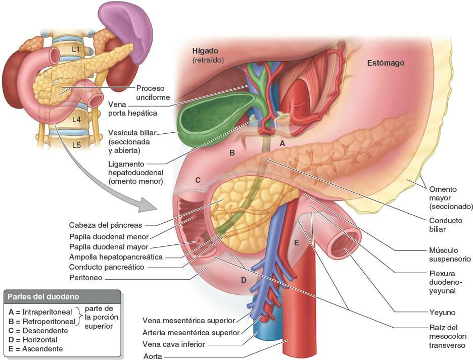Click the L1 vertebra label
(76, 49)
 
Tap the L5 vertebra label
(76, 145)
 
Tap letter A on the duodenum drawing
(282, 143)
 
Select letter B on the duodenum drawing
(232, 152)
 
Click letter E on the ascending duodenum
(297, 243)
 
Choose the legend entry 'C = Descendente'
(38, 330)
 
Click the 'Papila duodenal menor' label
(109, 236)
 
